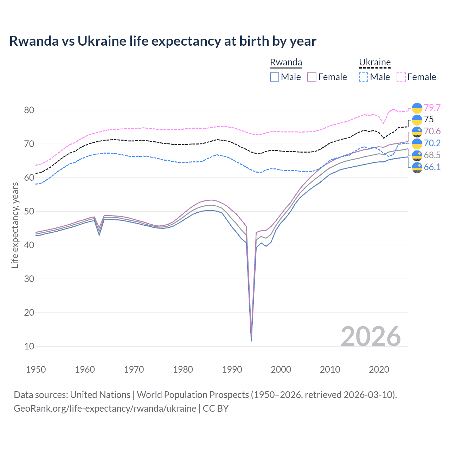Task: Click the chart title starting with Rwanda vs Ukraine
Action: (163, 41)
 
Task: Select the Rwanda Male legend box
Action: (275, 77)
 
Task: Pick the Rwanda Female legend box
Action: (312, 77)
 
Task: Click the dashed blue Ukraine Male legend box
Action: (364, 77)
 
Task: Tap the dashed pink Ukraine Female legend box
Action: (401, 77)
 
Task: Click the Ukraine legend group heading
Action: (375, 63)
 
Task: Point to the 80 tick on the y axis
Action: (29, 110)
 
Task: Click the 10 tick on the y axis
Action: (29, 346)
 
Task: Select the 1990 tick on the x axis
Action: (232, 369)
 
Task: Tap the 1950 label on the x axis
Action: (36, 369)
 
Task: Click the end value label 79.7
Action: (432, 108)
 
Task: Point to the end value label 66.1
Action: (432, 167)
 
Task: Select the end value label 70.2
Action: (432, 143)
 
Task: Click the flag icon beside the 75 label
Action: (417, 120)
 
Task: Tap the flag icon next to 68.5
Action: (417, 155)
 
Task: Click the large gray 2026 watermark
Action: (371, 336)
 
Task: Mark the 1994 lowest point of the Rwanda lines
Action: (251, 340)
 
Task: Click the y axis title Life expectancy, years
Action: (15, 225)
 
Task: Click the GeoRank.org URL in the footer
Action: (105, 409)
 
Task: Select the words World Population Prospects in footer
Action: (193, 395)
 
